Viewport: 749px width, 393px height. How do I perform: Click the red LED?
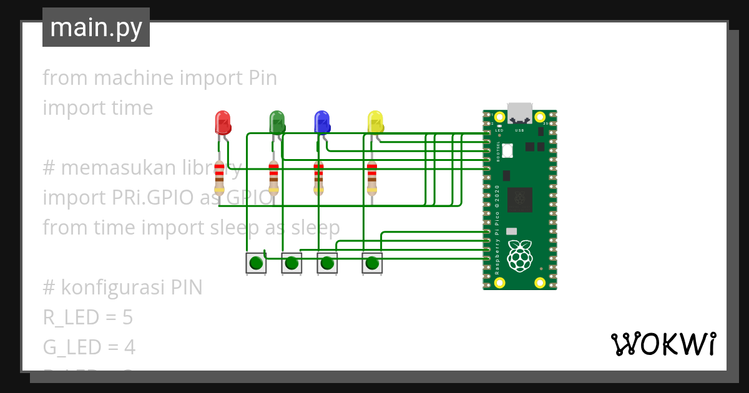pyautogui.click(x=223, y=122)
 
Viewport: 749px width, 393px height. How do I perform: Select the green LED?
pyautogui.click(x=277, y=122)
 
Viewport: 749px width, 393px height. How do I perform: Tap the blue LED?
pyautogui.click(x=321, y=122)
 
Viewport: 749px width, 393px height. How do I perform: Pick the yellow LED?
pyautogui.click(x=375, y=122)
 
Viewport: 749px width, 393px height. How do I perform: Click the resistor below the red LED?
pyautogui.click(x=219, y=178)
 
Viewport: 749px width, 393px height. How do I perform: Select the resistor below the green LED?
pyautogui.click(x=273, y=178)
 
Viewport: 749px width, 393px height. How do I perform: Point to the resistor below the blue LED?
pyautogui.click(x=318, y=178)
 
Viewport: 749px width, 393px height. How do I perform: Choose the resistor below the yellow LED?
pyautogui.click(x=372, y=178)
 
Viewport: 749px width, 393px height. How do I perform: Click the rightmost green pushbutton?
pyautogui.click(x=372, y=263)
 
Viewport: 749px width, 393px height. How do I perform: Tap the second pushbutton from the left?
pyautogui.click(x=291, y=263)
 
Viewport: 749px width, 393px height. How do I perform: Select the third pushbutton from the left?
pyautogui.click(x=327, y=263)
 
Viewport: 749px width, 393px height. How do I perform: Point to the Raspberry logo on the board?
pyautogui.click(x=519, y=256)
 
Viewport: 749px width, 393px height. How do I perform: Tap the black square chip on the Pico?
pyautogui.click(x=519, y=200)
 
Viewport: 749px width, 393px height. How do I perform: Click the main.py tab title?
pyautogui.click(x=96, y=27)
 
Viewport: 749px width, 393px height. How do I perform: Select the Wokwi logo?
pyautogui.click(x=663, y=344)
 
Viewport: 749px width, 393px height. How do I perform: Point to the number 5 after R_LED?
pyautogui.click(x=127, y=318)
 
